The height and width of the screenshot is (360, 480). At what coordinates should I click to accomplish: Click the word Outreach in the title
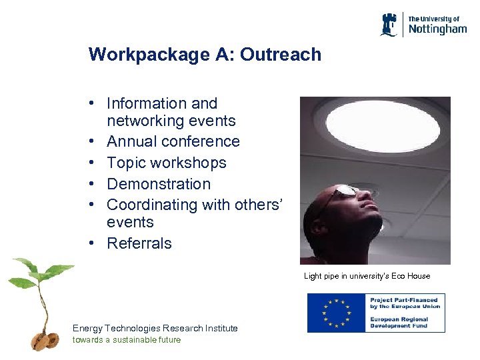(281, 55)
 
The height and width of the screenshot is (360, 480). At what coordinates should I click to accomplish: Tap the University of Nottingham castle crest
(391, 25)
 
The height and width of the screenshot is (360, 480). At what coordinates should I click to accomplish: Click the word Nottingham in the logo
(437, 29)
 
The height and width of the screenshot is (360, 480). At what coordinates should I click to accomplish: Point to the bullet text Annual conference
(173, 141)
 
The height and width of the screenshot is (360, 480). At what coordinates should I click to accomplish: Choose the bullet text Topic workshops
(166, 163)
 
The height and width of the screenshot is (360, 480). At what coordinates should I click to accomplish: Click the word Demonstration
(158, 184)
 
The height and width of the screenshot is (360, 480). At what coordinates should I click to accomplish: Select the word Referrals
(139, 243)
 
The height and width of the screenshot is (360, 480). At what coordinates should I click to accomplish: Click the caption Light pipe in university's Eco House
(367, 276)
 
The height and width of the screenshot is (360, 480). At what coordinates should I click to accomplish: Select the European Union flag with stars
(336, 313)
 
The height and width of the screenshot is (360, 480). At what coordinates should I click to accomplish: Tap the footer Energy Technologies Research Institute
(155, 328)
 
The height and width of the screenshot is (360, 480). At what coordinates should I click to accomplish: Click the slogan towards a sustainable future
(126, 339)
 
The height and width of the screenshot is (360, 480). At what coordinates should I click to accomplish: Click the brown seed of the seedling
(40, 341)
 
